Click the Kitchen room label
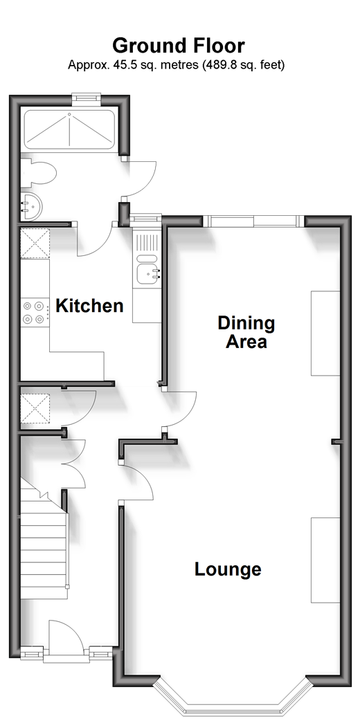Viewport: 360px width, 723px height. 89,306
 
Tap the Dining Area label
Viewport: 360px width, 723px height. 246,332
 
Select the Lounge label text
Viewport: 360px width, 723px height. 228,569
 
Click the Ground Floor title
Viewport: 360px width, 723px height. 179,46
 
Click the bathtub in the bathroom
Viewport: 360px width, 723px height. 69,129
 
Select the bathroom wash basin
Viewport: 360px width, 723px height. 31,206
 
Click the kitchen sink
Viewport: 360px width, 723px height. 147,274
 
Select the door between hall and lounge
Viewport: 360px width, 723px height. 137,482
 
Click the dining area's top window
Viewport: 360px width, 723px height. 254,221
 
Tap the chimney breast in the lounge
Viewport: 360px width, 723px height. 325,560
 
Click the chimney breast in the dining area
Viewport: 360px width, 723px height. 325,333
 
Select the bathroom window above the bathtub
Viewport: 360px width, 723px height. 86,98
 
